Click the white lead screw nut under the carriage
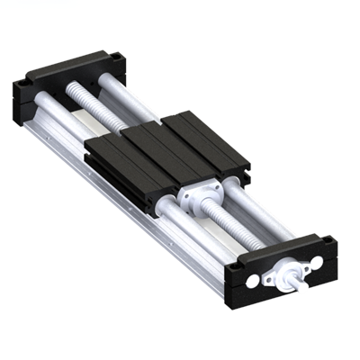[x=195, y=196]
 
